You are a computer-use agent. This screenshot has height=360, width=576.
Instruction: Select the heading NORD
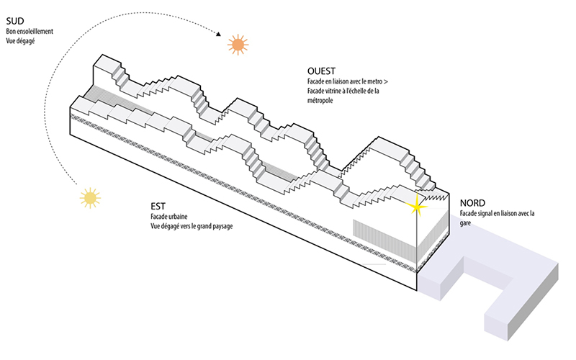pos(473,203)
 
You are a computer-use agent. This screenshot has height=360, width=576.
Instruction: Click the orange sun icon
pos(237,45)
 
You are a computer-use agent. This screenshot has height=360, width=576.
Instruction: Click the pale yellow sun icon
pos(89,197)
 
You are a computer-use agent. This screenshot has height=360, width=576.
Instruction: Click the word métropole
pos(321,102)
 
